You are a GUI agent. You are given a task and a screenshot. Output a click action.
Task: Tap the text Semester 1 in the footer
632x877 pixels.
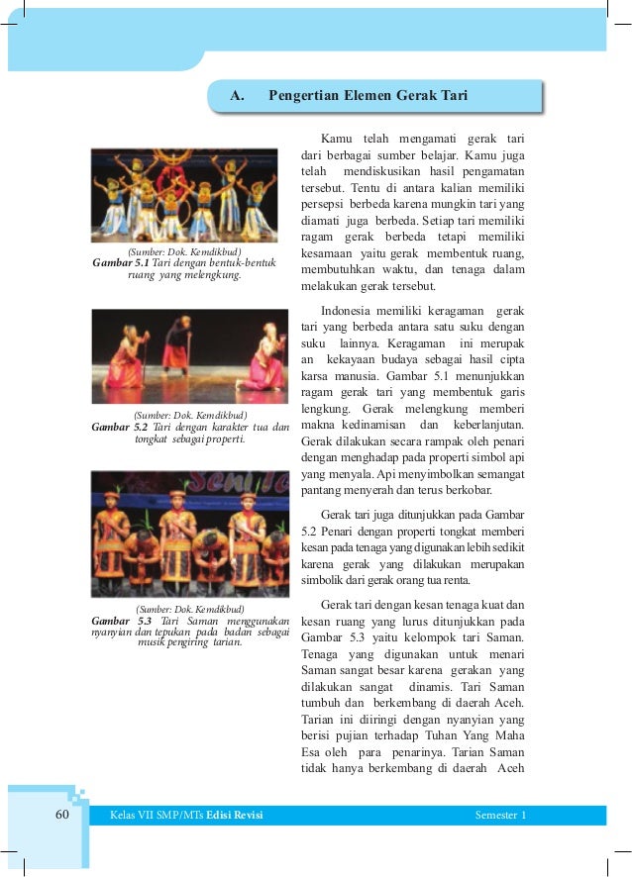point(500,815)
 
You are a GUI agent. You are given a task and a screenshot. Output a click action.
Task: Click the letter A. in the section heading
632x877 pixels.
point(237,96)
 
